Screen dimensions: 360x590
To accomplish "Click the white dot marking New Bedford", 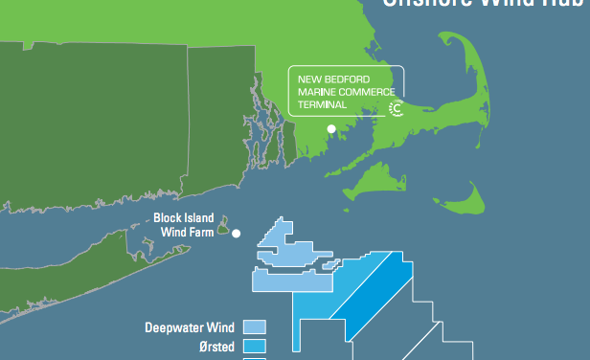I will coord(331,128).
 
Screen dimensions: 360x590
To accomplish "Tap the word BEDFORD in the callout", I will coord(348,78).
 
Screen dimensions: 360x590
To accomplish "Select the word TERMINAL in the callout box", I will coord(322,105).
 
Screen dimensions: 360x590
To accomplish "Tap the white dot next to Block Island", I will coord(236,233).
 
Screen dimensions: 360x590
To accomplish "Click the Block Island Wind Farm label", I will coord(185,224).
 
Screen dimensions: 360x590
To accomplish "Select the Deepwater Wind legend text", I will coord(190,327).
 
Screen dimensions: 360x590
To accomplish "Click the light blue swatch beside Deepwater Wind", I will coord(255,327).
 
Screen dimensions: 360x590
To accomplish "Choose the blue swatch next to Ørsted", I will coord(255,346).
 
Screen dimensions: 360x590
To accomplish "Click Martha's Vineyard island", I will coord(378,181).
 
